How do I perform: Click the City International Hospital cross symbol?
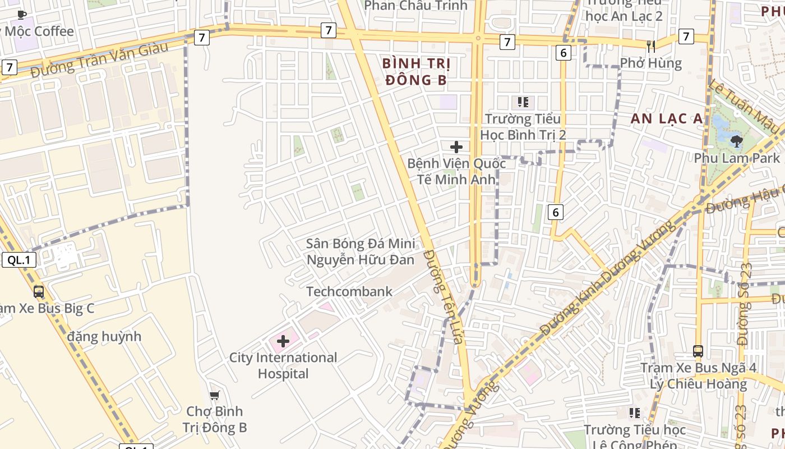(x=283, y=341)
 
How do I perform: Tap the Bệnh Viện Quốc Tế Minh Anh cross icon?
(x=456, y=147)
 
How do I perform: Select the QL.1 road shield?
(x=19, y=260)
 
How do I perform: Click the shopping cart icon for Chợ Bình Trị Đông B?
(x=214, y=396)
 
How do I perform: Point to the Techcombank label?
(x=349, y=292)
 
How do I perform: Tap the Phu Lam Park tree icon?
(x=736, y=141)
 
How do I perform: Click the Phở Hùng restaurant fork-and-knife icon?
(x=651, y=47)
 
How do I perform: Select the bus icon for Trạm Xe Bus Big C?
(x=39, y=291)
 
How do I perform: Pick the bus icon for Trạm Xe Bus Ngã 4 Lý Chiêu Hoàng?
(x=698, y=351)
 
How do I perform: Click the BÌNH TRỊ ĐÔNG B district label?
(x=416, y=71)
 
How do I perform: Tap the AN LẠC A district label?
(x=667, y=118)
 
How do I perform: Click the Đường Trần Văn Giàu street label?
(x=99, y=58)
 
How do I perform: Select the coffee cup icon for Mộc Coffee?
(x=22, y=15)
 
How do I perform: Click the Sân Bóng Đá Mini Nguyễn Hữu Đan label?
(x=361, y=251)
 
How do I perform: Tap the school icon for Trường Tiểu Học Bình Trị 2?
(x=523, y=102)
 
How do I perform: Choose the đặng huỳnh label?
(x=104, y=337)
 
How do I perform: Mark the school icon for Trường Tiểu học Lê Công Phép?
(x=635, y=413)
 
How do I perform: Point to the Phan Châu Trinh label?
(x=415, y=6)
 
